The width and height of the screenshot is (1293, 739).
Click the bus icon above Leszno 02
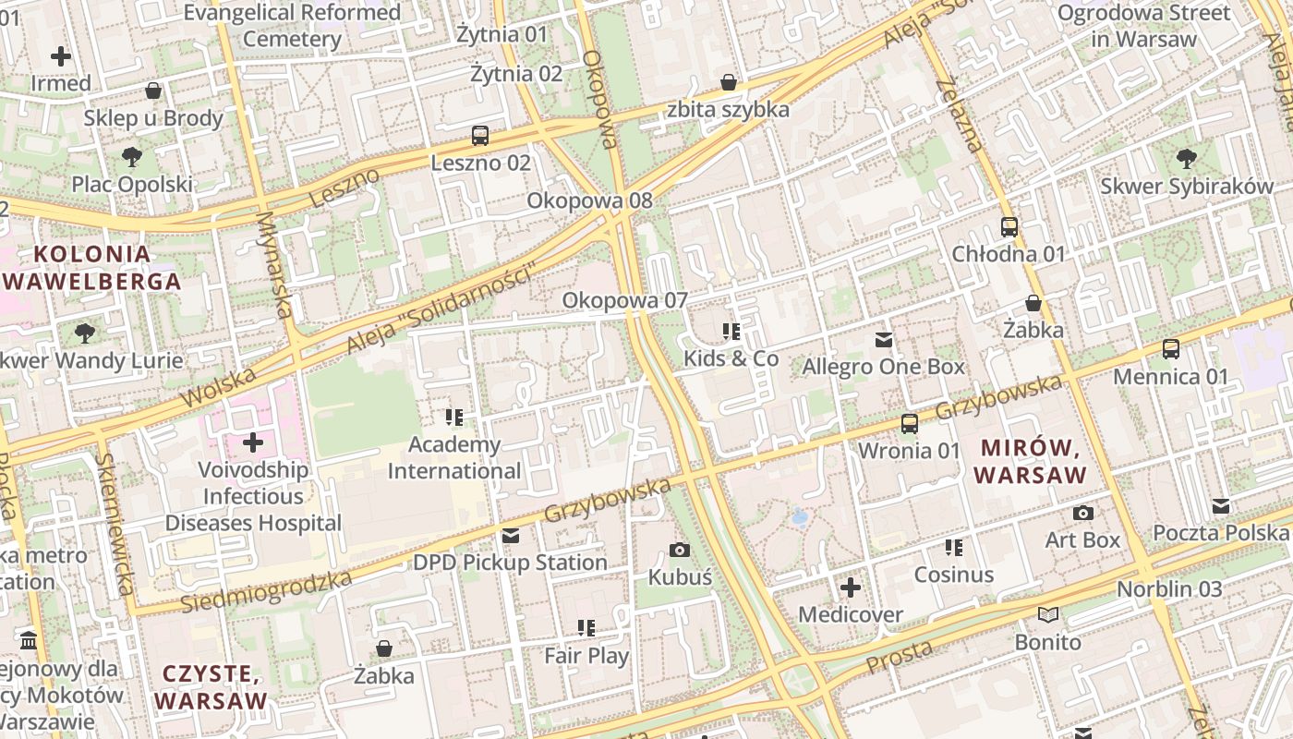point(480,136)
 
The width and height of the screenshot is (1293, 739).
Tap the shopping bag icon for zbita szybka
point(729,82)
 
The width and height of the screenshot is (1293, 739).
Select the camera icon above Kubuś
point(680,550)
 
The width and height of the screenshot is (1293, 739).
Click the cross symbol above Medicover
point(851,587)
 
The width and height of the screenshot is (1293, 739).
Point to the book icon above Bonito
point(1047,614)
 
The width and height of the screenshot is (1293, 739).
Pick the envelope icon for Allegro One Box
point(884,339)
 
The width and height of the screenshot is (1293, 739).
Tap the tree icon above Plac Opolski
point(132,156)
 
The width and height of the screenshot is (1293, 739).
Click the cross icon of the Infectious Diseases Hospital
point(253,442)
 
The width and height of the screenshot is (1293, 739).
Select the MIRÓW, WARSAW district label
point(1030,462)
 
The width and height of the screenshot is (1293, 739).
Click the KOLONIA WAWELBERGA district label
point(91,268)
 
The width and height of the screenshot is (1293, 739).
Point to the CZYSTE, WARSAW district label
point(210,686)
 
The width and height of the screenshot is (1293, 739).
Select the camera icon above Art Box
point(1083,513)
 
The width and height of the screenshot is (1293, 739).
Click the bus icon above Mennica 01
point(1171,348)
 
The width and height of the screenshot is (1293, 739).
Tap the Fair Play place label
point(586,656)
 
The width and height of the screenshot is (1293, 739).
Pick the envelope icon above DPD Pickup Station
point(510,536)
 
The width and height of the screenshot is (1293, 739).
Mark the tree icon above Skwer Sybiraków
point(1187,158)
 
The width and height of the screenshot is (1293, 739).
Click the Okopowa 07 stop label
point(625,300)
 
